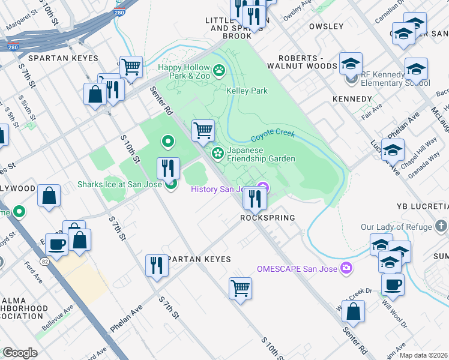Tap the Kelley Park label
point(247,91)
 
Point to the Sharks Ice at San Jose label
point(119,184)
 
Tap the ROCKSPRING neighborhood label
point(267,218)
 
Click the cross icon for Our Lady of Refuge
point(442,227)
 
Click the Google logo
point(20,353)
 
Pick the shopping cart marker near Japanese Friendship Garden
point(203,130)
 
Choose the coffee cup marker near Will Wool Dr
point(393,284)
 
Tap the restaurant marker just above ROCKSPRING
point(255,198)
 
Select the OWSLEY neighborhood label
point(326,27)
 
